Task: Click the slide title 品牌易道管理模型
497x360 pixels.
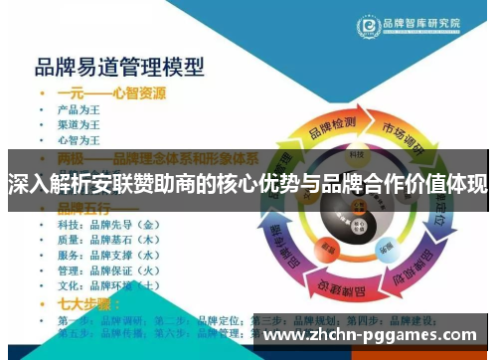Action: pyautogui.click(x=119, y=68)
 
